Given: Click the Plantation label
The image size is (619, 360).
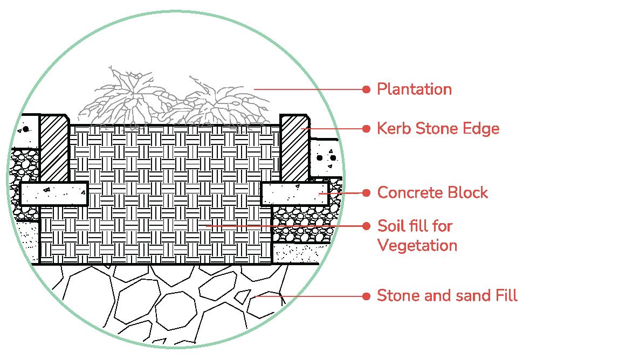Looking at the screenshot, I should point(414,89).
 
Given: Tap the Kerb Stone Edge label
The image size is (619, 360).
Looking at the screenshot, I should point(438,129).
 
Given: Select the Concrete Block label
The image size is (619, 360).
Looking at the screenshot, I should point(432,192).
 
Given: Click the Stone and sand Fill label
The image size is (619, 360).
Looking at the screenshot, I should point(447,296).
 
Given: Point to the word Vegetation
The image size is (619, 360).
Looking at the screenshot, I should point(417,246).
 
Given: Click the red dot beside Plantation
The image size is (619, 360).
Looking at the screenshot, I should point(367,89).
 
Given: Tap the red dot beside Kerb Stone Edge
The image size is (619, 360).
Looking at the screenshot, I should point(367,129).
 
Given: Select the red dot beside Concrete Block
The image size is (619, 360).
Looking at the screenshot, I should point(367,192).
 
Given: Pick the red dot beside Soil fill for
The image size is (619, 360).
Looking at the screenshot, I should point(367,226).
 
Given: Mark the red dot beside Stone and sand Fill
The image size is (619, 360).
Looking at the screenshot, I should point(367,296).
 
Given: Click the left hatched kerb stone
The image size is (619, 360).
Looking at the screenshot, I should point(54,148).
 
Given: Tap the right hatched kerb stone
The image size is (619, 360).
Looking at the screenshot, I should point(294,148).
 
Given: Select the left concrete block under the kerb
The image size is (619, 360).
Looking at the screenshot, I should point(54,193).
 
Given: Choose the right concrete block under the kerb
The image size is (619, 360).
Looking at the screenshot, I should point(295,194).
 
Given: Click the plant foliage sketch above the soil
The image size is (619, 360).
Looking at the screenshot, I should point(173,100).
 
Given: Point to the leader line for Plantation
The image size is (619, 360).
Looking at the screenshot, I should point(307,89).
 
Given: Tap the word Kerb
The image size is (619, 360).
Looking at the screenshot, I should point(392,129).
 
